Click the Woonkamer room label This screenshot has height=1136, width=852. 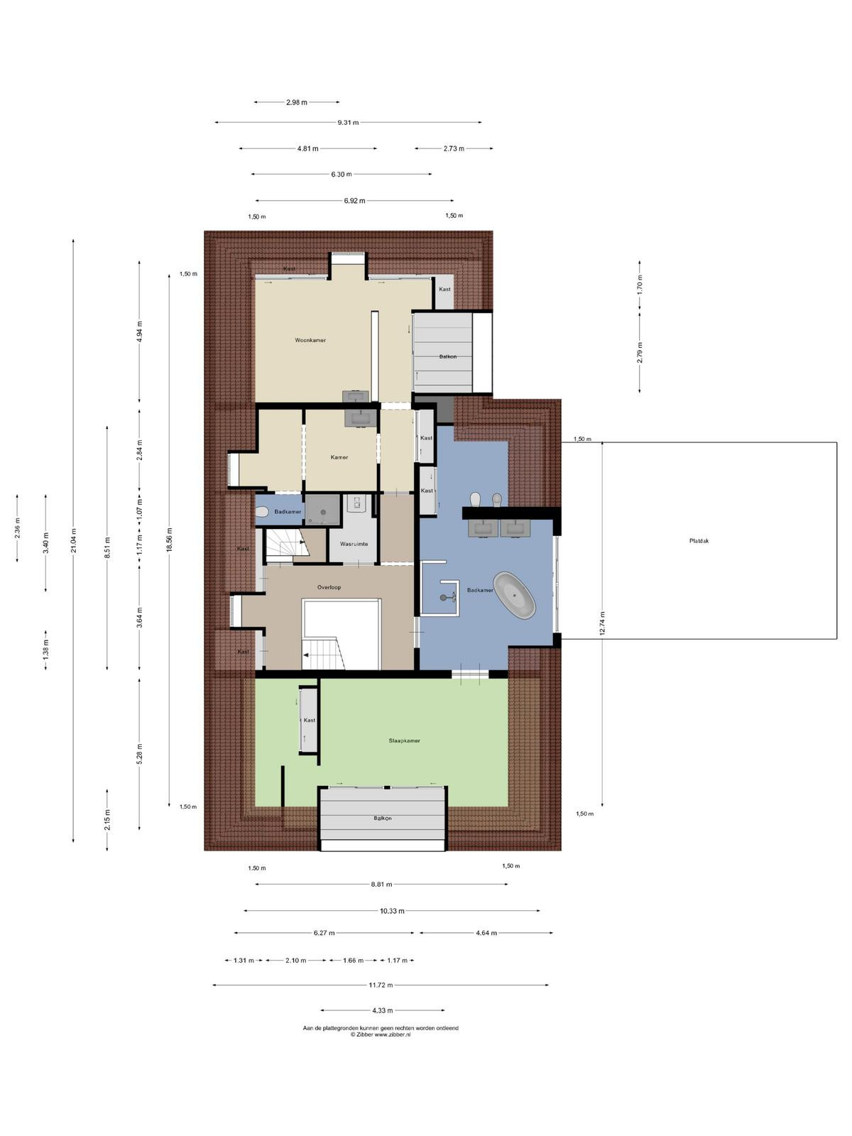[x=310, y=340]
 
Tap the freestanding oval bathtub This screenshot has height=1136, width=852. [x=513, y=595]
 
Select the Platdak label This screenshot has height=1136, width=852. [x=699, y=541]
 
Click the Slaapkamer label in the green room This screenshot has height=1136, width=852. [x=404, y=741]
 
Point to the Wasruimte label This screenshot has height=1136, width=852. [x=354, y=544]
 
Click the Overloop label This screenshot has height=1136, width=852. [x=329, y=587]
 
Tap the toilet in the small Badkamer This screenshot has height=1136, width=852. [x=262, y=511]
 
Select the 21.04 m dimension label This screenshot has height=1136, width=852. [x=73, y=540]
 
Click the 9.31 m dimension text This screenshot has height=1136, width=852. [x=348, y=123]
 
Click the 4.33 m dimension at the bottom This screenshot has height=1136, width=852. [x=382, y=1010]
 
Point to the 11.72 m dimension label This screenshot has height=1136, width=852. [x=381, y=985]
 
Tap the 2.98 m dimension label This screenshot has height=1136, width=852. [x=296, y=102]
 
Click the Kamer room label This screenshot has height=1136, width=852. [x=339, y=457]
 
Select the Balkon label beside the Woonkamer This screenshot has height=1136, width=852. [x=447, y=356]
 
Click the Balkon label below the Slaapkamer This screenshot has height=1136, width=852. [x=382, y=818]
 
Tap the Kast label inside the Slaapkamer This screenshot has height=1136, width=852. [x=310, y=720]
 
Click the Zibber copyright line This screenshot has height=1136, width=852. [x=381, y=1035]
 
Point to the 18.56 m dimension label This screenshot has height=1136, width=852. [x=169, y=540]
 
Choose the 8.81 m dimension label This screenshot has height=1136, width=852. [x=381, y=885]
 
